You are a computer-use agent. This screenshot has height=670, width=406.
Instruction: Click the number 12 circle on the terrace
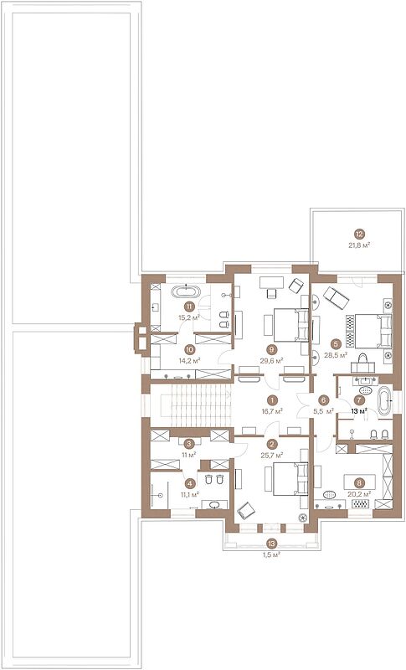pos(359,234)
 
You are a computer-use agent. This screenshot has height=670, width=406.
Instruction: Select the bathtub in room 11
pos(186,292)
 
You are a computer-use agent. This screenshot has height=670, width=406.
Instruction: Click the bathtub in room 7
pos(383,400)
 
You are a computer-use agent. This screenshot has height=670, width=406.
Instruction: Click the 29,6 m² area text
pos(271,360)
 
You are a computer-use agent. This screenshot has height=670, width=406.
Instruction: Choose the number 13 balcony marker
pos(271,544)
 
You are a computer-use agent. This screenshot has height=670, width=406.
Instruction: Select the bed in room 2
pos(290,478)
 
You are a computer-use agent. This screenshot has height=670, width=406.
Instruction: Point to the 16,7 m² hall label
pos(271,411)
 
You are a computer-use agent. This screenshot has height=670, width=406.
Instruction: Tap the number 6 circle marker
pos(324,400)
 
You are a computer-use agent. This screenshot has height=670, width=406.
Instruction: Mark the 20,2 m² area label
pos(359,493)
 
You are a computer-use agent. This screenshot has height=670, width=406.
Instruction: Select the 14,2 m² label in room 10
pos(190,360)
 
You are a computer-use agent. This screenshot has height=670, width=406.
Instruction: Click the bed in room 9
pos(290,325)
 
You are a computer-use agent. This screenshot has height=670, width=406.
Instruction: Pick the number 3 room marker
pos(186,444)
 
